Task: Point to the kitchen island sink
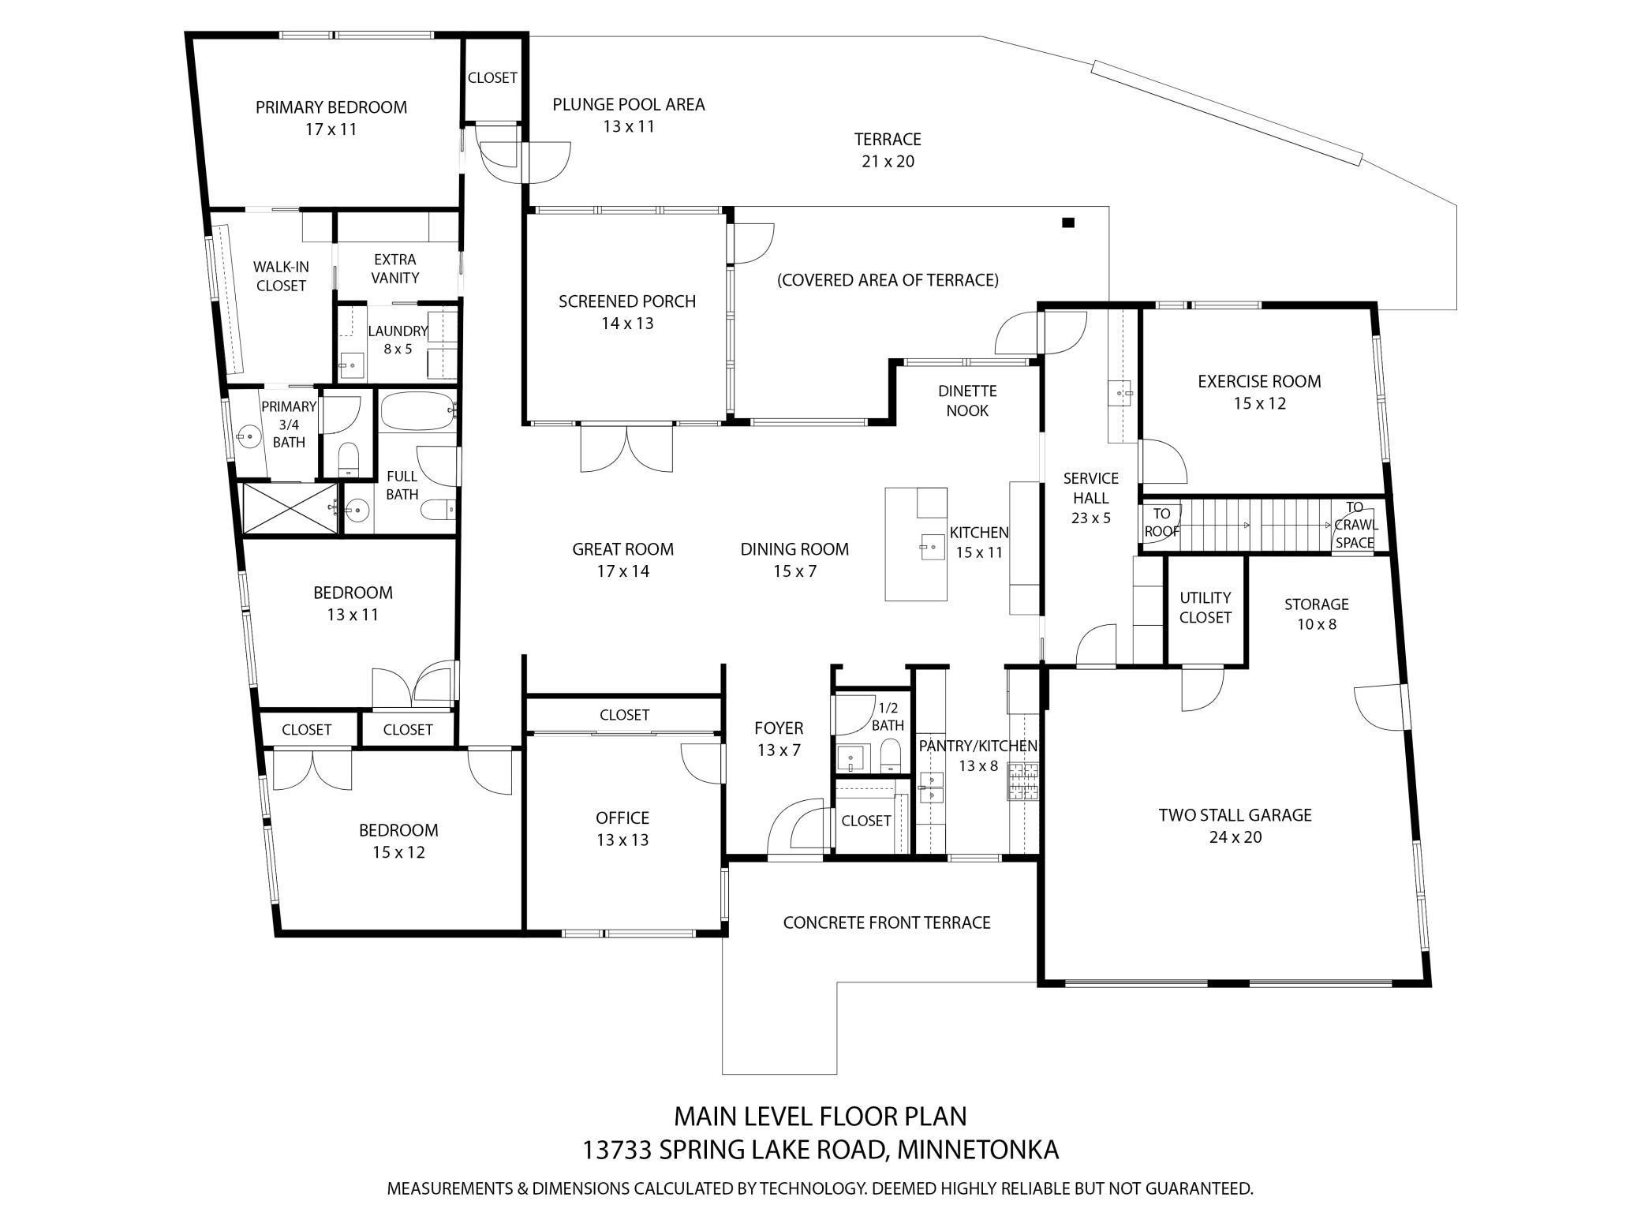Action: (933, 545)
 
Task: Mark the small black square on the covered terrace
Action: (1068, 223)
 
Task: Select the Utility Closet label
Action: (1206, 608)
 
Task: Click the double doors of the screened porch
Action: (627, 448)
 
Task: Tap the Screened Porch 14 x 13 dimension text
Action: (627, 324)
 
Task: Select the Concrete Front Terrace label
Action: (887, 922)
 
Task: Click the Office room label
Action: (622, 818)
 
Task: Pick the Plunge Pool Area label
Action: (629, 104)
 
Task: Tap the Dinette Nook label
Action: (967, 401)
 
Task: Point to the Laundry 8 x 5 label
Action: (398, 340)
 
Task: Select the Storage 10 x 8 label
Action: (1317, 614)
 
